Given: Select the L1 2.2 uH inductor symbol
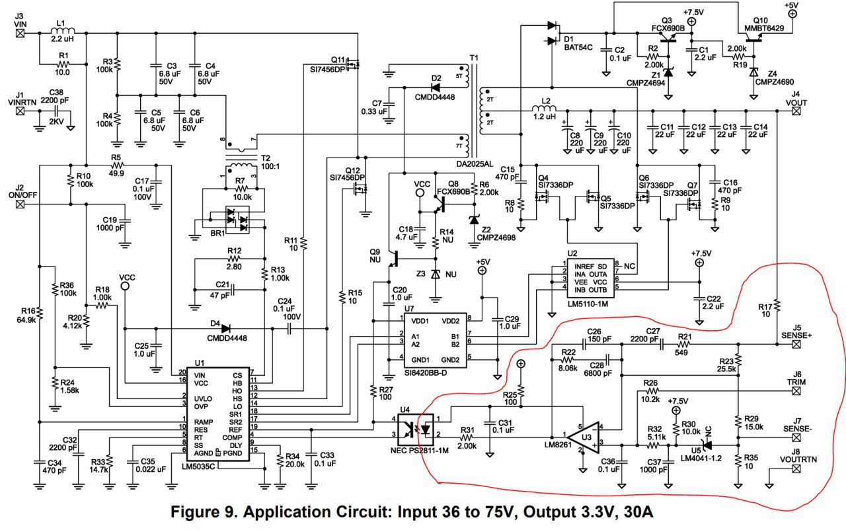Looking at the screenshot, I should coord(63,30).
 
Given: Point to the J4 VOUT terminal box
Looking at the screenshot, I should coord(796,111).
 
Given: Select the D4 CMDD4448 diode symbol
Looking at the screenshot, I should coord(225,328).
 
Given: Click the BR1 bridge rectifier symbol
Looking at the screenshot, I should coord(237,221).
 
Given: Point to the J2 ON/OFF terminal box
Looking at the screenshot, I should coord(20,204).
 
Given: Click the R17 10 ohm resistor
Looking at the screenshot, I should coord(778,306).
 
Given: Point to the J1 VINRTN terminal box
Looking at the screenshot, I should coord(20,111).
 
